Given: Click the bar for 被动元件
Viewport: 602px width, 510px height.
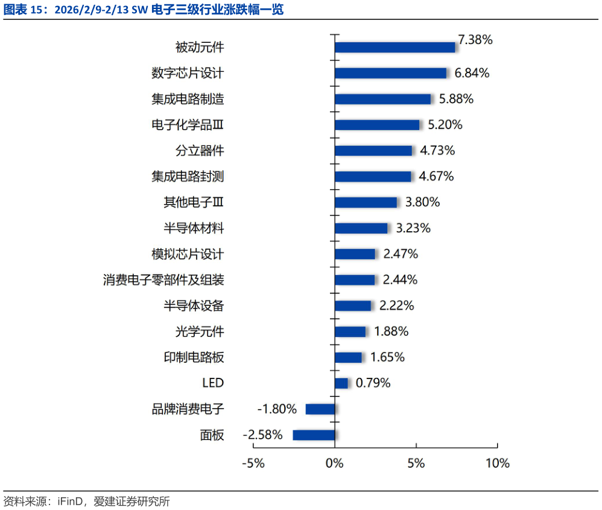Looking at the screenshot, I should pyautogui.click(x=394, y=47).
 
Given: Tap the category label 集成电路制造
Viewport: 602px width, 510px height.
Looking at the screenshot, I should pyautogui.click(x=188, y=99).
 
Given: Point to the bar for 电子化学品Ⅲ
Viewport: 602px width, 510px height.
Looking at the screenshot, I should pyautogui.click(x=377, y=125).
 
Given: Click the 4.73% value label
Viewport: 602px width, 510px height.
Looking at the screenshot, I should pyautogui.click(x=437, y=150).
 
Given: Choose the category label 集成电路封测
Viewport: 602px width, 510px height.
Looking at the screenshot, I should pyautogui.click(x=188, y=177).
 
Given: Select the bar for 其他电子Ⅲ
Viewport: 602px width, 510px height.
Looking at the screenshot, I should pyautogui.click(x=366, y=202).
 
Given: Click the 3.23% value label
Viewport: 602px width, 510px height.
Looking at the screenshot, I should pyautogui.click(x=413, y=228).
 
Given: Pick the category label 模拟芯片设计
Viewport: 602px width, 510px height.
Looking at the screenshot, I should pyautogui.click(x=188, y=254).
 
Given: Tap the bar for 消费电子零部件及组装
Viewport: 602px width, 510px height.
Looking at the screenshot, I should pyautogui.click(x=355, y=280).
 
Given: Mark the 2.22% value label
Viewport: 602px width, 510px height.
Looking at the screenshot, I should pyautogui.click(x=397, y=306).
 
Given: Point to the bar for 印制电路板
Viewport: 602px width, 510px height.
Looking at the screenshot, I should pyautogui.click(x=348, y=357).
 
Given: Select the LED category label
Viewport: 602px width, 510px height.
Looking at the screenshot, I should pyautogui.click(x=213, y=383).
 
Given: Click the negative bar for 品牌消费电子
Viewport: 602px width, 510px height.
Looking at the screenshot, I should pyautogui.click(x=320, y=409).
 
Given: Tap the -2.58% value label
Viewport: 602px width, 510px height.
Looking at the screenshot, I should pyautogui.click(x=262, y=435).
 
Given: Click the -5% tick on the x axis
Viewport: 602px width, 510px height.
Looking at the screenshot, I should pyautogui.click(x=253, y=464).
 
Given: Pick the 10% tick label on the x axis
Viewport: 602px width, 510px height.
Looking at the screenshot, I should pyautogui.click(x=497, y=464).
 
